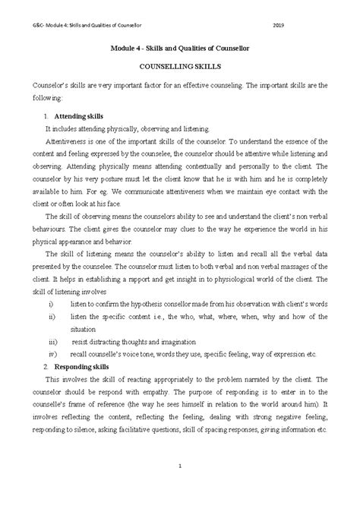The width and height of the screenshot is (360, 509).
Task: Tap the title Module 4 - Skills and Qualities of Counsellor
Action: [x=179, y=49]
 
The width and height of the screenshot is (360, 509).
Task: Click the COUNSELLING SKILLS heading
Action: [x=180, y=68]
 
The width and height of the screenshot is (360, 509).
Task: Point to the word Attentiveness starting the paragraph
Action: [x=70, y=141]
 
